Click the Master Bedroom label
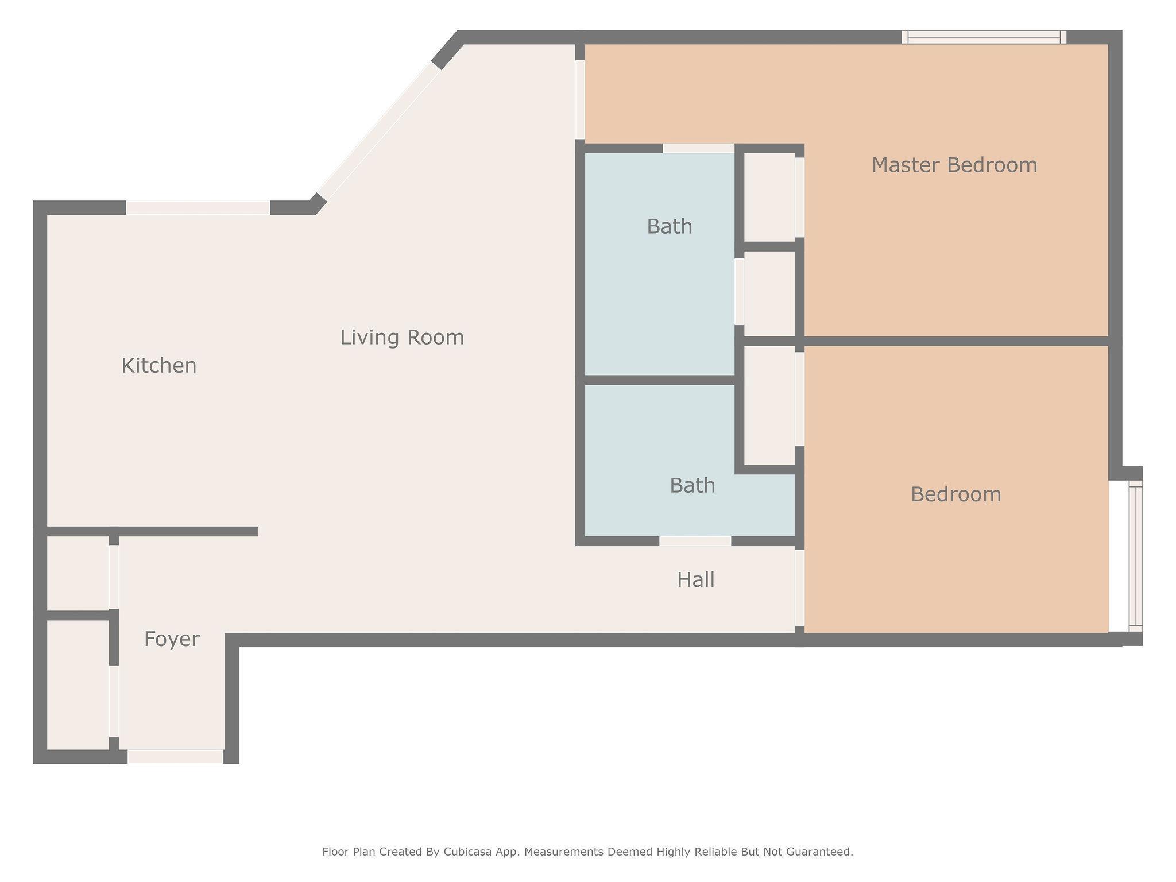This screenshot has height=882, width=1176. point(954,165)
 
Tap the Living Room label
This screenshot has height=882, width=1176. point(402,337)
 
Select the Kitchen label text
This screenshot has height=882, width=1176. point(159,366)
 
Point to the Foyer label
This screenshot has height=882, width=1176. point(172,639)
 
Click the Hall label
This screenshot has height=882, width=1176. point(696,580)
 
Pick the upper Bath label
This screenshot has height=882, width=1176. point(670,227)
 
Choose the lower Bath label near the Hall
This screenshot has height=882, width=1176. point(693,486)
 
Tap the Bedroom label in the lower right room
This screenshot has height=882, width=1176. point(956,494)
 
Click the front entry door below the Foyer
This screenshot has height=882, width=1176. point(175,757)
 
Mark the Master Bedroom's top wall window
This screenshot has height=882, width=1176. point(984,37)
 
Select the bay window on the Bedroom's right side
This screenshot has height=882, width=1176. point(1136,556)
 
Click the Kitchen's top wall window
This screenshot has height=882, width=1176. point(198,207)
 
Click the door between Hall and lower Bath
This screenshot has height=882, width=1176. point(695,541)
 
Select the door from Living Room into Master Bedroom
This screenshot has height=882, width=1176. point(580,100)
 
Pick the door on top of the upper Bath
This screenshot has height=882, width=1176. point(699,148)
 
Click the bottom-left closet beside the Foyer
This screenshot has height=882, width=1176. point(78,684)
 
